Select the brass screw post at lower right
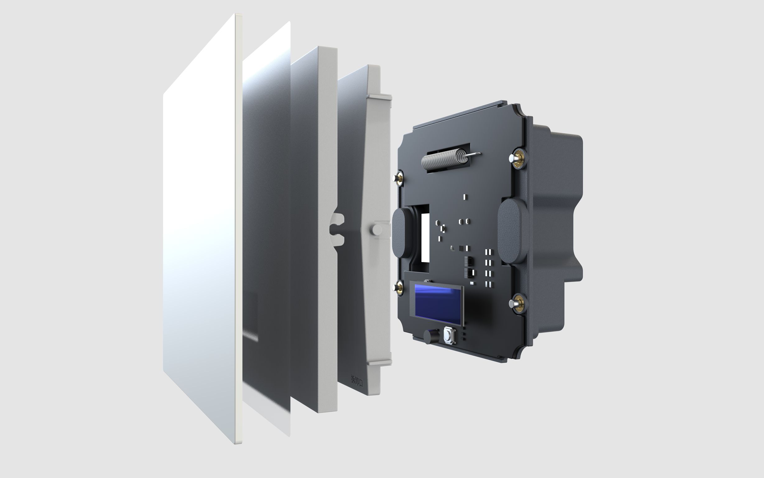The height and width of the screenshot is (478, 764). (x=517, y=303)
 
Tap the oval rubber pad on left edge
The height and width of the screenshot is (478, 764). (x=401, y=232)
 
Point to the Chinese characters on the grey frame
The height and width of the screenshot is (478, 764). (x=357, y=380)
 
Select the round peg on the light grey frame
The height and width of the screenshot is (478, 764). (x=376, y=230)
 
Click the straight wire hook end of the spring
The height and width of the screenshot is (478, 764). (x=473, y=155)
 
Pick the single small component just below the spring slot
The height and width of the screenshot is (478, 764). (x=465, y=197)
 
